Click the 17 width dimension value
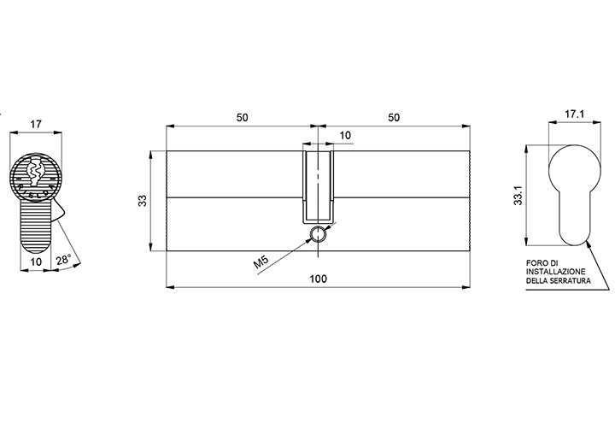[x=36, y=125]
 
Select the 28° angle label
[x=63, y=260]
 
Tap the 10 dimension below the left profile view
[x=36, y=262]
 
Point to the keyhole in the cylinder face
[x=35, y=171]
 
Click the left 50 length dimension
[x=242, y=117]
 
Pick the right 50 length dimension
[x=394, y=117]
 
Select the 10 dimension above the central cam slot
[x=345, y=135]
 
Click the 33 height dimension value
[x=143, y=201]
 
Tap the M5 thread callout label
[x=261, y=262]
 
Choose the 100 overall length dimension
[x=318, y=279]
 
